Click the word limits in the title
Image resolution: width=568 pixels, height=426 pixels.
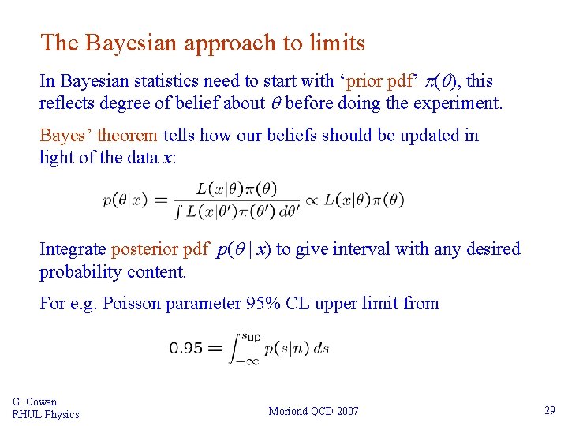(337, 43)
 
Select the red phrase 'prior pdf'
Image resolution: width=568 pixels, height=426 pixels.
(380, 80)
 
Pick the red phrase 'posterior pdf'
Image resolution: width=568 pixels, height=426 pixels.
(160, 249)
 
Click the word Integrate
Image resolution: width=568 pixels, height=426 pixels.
(73, 249)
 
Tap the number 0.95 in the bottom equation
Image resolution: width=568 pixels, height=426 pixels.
(185, 347)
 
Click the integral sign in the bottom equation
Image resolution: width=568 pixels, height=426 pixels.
(235, 348)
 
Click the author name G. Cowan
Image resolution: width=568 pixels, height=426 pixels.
(35, 402)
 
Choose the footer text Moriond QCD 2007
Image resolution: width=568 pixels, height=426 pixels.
(313, 411)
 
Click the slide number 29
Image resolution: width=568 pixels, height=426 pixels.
(549, 410)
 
